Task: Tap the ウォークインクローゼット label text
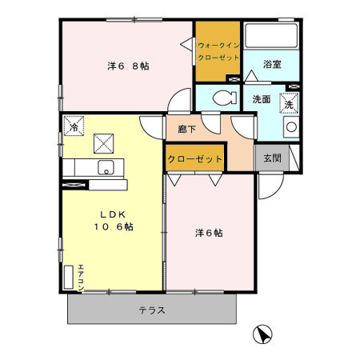click(218, 52)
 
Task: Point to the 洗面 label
click(262, 100)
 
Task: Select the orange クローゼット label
click(194, 159)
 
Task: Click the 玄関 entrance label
click(272, 158)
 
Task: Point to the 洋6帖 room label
click(209, 234)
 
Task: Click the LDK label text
click(107, 214)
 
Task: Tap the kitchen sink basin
click(106, 168)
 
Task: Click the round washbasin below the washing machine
click(290, 126)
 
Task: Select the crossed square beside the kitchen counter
click(105, 144)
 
